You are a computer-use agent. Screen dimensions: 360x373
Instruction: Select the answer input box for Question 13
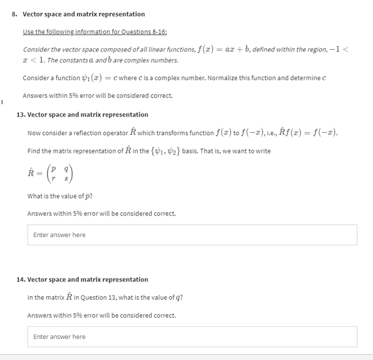[192, 235]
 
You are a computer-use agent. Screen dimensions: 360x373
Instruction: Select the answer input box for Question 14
[192, 337]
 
